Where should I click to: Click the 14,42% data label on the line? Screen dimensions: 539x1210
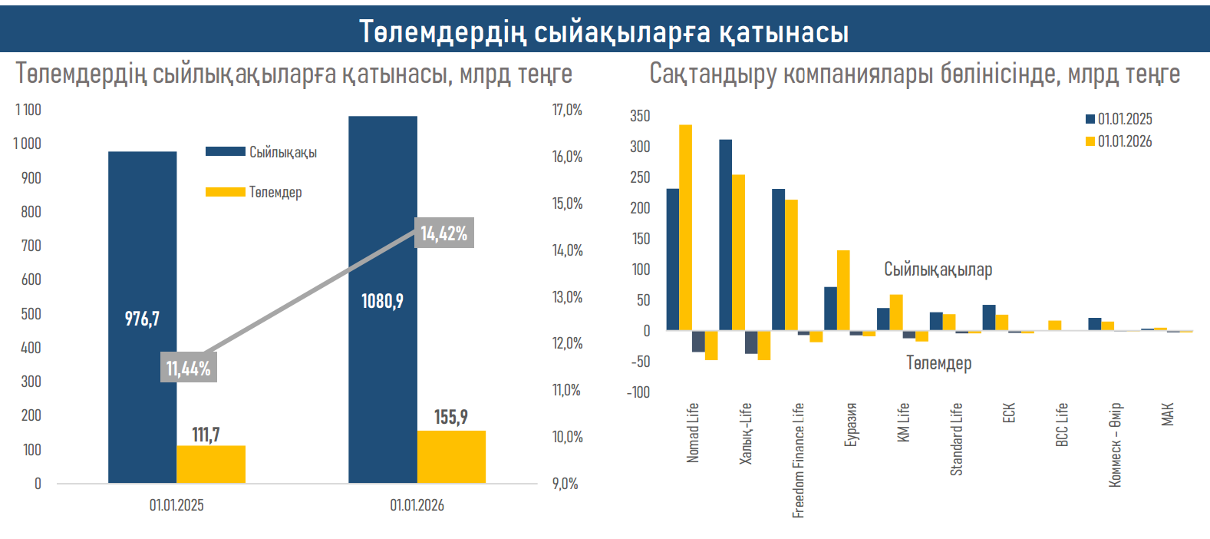443,233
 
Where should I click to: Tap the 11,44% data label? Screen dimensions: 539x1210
188,369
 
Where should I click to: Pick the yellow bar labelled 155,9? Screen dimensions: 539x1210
451,457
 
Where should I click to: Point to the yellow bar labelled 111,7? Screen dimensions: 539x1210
211,464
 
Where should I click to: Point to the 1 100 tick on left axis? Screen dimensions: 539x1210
28,110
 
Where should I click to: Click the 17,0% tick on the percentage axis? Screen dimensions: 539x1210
567,110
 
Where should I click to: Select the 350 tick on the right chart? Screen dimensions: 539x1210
640,116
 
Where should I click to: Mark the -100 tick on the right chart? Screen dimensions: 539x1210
638,392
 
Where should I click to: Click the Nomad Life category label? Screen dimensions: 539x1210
693,432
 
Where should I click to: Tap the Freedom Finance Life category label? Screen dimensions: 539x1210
798,460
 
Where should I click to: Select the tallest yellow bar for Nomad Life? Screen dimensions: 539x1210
685,227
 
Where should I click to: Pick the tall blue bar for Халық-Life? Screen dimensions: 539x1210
725,234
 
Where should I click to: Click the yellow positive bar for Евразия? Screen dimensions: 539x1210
843,290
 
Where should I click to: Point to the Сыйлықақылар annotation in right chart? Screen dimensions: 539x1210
938,269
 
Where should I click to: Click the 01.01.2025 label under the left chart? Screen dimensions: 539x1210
176,505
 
